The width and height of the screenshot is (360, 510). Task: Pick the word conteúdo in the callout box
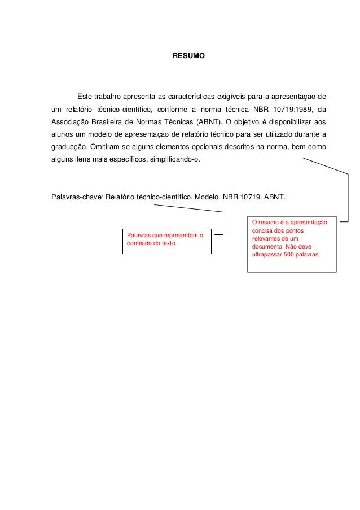(x=140, y=243)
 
